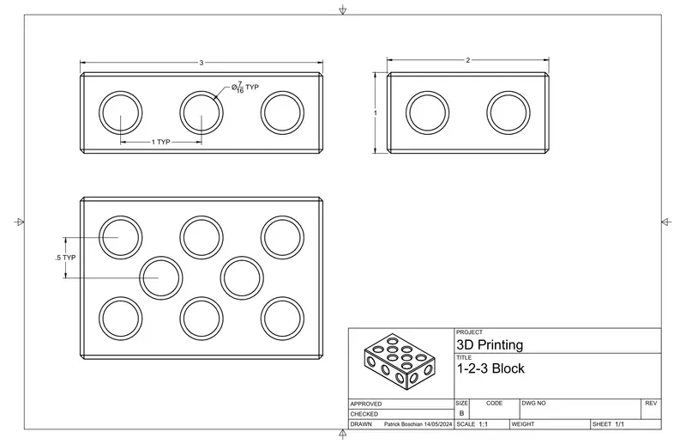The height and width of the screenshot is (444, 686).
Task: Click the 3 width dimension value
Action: coord(202,63)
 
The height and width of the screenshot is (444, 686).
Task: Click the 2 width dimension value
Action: coord(467,60)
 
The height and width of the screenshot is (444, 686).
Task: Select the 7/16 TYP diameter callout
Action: coord(245,88)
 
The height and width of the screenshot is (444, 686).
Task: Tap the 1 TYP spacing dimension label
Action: coord(161,142)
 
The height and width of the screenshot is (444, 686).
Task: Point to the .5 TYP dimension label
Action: coord(65,258)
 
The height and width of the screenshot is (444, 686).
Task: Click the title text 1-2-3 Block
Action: coord(490,368)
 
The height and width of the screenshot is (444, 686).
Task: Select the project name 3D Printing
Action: coord(490,345)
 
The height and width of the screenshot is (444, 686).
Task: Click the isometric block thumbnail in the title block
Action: coord(400,362)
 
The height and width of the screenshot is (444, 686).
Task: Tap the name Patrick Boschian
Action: coord(403,424)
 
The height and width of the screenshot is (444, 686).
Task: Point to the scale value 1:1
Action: coord(484,424)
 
